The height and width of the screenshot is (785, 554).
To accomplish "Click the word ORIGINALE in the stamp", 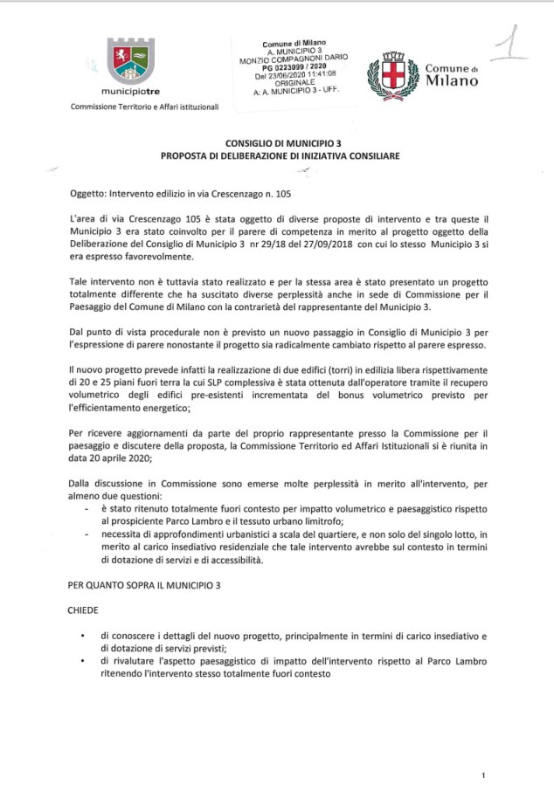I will [294, 82].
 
